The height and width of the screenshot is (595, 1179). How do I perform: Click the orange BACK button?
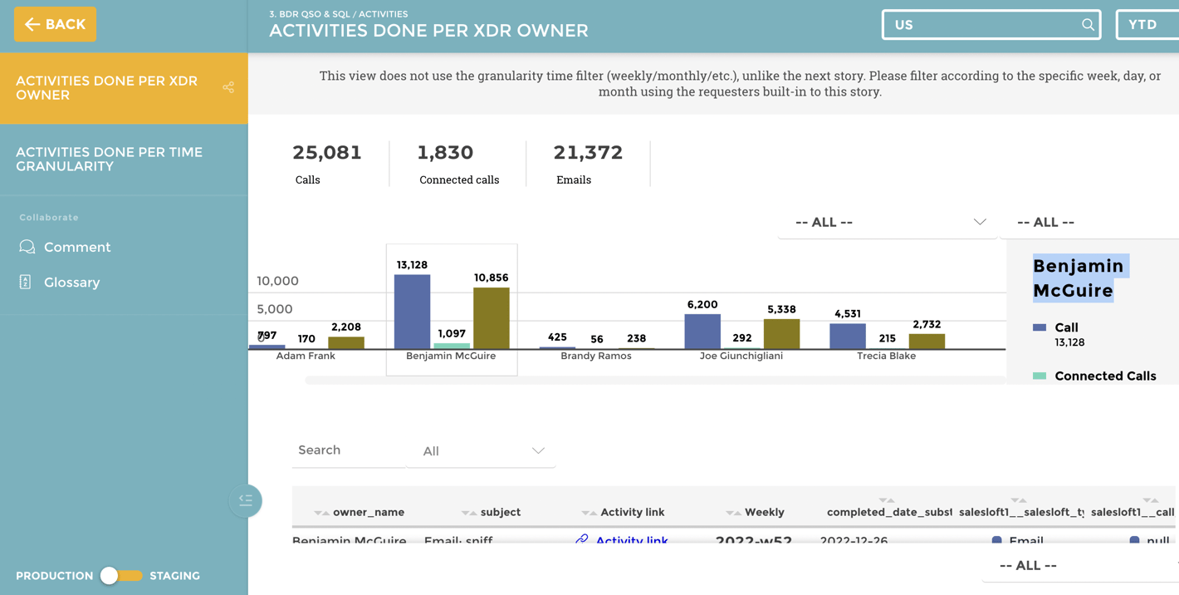coord(55,24)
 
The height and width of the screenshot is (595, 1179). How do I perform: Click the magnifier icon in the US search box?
coord(1087,25)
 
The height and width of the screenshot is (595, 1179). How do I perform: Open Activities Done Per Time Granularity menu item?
coord(109,159)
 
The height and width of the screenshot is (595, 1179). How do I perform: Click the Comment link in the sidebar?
coord(76,247)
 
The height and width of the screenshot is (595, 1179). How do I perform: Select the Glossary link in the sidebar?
coord(71,283)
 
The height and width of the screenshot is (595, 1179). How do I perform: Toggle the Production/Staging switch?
coord(120,575)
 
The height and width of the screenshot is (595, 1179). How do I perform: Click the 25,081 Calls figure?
coord(326,153)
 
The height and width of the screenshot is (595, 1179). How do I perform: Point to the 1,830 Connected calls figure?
coord(445,153)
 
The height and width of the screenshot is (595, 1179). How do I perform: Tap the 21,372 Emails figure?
coord(587,153)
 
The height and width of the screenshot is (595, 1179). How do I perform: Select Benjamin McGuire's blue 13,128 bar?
coord(412,312)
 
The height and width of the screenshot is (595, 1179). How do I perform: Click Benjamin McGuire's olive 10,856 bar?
coord(491,318)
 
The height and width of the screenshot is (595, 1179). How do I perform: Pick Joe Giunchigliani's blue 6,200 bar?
coord(702,332)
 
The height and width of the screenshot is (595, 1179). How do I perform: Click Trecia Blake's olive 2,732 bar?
coord(927,341)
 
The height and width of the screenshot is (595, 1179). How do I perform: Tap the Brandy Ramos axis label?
coord(595,356)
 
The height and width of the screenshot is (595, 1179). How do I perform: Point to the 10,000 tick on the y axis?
coord(277,281)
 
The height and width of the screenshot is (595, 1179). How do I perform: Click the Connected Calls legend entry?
coord(1104,376)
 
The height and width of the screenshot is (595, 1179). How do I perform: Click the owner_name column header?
coord(368,512)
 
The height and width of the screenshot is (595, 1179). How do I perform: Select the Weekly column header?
coord(764,512)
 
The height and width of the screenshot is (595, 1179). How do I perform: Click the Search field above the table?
coord(347,450)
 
